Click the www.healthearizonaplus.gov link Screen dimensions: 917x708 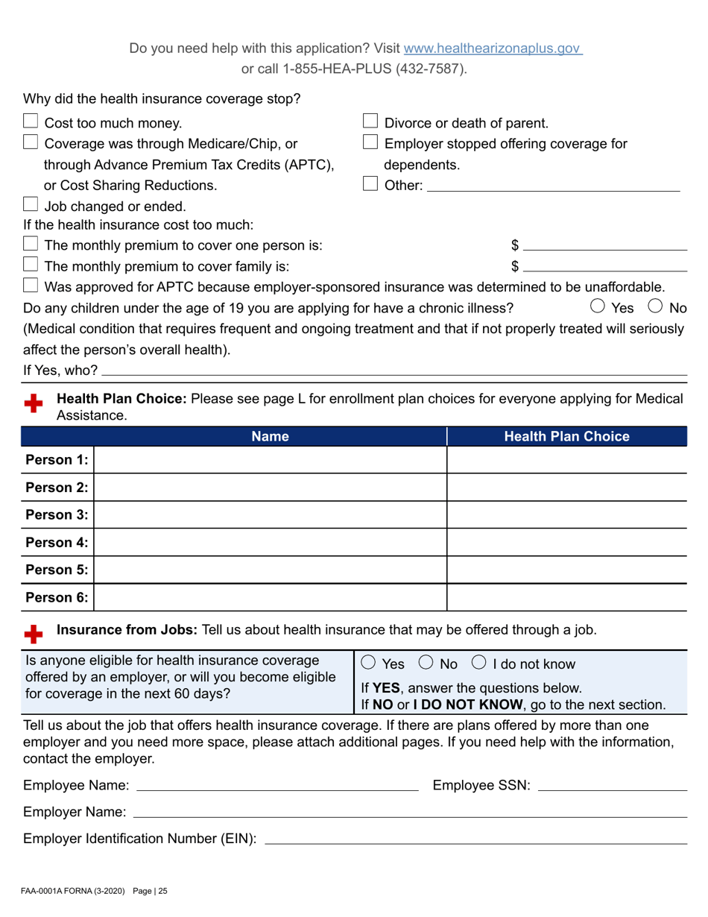492,49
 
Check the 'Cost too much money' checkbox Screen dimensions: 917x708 31,122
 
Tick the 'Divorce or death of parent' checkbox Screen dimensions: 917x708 370,122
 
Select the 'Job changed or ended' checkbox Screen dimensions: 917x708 31,205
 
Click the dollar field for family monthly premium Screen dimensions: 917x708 604,265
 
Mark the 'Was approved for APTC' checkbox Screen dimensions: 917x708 31,286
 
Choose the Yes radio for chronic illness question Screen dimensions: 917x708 598,306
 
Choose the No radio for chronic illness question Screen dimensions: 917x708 657,306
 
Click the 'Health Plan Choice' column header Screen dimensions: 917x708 566,437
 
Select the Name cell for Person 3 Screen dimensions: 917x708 270,514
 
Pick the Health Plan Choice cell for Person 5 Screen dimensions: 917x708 566,570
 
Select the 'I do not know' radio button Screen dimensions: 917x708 479,664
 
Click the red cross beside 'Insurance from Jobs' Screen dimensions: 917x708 33,634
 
